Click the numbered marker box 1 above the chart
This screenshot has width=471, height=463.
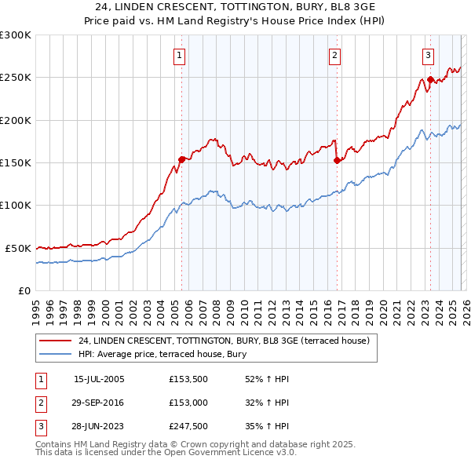coord(180,55)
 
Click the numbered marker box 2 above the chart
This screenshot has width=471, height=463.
coord(334,55)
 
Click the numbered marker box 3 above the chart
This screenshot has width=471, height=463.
coord(428,55)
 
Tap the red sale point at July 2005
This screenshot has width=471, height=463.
coord(181,159)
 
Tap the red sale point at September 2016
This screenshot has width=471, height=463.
coord(337,160)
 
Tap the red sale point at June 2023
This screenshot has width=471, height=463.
coord(430,80)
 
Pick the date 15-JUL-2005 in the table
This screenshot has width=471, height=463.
coord(99,379)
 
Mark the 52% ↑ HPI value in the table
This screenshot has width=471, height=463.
coord(267,379)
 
